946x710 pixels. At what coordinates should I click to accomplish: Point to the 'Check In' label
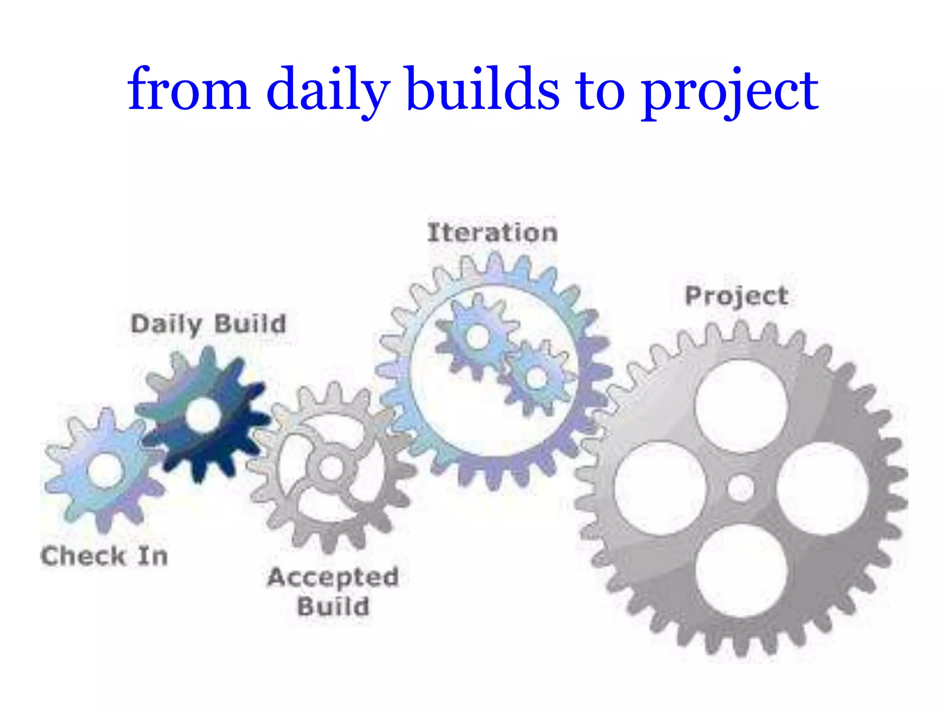(x=104, y=556)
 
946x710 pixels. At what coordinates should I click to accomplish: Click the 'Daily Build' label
(x=209, y=324)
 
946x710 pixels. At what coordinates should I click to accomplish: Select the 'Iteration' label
(x=492, y=233)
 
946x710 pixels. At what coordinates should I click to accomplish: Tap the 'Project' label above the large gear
(x=737, y=296)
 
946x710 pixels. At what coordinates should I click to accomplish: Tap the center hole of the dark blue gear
(x=202, y=415)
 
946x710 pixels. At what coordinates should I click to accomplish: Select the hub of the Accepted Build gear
(x=331, y=468)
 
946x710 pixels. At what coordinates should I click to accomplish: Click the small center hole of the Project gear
(x=741, y=488)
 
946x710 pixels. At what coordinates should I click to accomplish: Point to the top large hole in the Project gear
(x=741, y=406)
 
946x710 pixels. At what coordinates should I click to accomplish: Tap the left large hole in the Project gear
(x=660, y=488)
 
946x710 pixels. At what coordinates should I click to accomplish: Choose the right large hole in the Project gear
(x=822, y=488)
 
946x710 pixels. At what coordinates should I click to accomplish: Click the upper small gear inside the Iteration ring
(x=477, y=337)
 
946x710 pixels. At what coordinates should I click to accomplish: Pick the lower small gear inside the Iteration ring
(x=537, y=377)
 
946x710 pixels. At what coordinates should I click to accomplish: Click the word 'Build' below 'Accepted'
(x=333, y=606)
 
